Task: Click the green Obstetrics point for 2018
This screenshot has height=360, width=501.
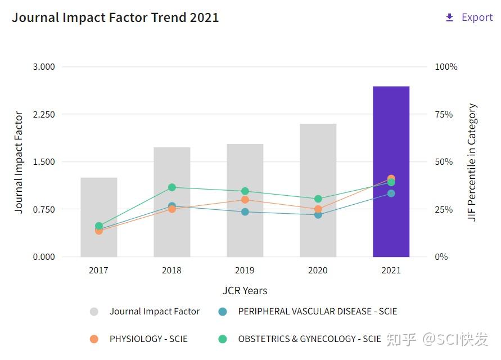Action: tap(172, 187)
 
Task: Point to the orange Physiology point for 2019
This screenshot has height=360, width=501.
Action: tap(245, 200)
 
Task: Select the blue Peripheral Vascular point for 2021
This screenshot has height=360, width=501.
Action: tap(391, 193)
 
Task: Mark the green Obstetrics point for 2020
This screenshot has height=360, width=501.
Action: tap(318, 199)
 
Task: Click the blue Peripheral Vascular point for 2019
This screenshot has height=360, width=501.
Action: tap(245, 211)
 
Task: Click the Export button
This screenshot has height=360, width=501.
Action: tap(470, 17)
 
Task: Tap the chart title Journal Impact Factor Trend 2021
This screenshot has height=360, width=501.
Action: tap(115, 17)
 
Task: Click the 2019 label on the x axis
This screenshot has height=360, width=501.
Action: tap(245, 270)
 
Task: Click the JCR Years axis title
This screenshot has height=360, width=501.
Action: tap(245, 291)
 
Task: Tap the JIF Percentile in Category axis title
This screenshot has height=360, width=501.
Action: tap(472, 162)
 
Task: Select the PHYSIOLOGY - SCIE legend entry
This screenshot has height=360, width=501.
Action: tap(148, 339)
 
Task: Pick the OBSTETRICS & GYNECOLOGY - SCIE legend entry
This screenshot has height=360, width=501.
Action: tap(309, 339)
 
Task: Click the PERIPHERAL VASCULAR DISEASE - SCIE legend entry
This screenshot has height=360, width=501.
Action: tap(317, 311)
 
